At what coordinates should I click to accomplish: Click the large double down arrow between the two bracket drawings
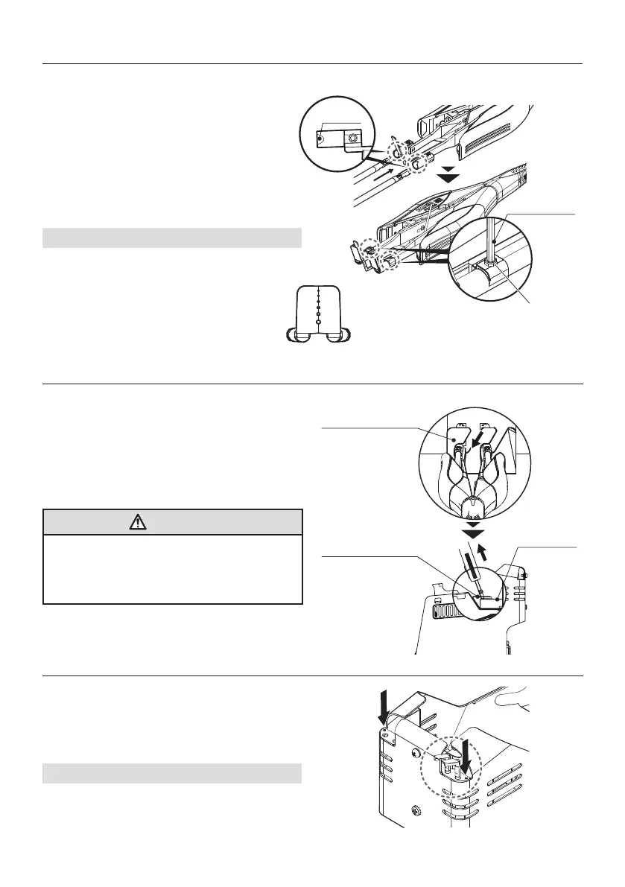[448, 176]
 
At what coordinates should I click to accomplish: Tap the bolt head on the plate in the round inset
[353, 139]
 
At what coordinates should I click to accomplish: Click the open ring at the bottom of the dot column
[318, 322]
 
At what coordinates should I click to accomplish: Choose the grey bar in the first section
[172, 238]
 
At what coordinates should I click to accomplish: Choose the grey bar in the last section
[172, 774]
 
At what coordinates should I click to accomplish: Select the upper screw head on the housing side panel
[412, 752]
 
